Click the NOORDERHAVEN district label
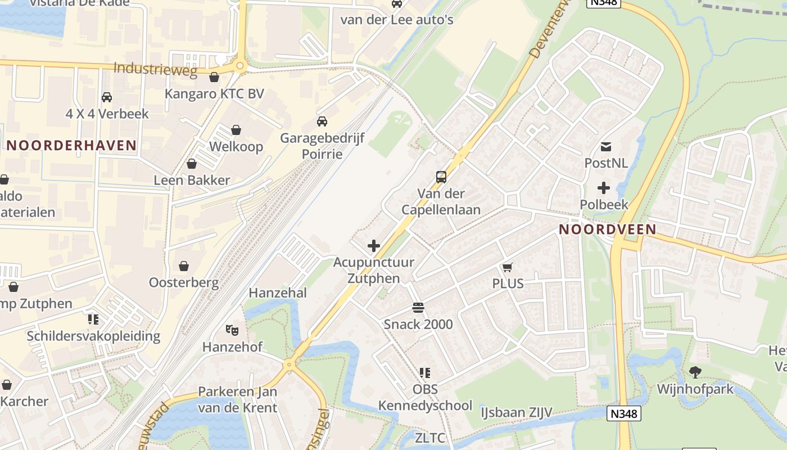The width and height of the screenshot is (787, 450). point(71,145)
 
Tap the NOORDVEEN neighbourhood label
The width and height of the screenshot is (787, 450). point(607,229)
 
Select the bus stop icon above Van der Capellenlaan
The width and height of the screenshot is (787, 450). point(441,177)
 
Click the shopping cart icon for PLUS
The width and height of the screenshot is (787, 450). point(508,267)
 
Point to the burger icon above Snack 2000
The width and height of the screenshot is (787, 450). point(418,308)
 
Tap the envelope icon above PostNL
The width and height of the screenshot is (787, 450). point(606,147)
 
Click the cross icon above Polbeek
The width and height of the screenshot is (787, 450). point(604,188)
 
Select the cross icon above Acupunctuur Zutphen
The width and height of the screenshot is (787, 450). point(373,246)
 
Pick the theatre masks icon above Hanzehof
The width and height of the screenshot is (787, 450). point(232,330)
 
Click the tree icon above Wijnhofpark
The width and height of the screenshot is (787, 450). point(695,372)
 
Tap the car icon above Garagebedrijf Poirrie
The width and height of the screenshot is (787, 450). point(322,121)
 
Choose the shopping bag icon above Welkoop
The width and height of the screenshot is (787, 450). point(236,130)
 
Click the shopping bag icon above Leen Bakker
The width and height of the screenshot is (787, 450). point(192,164)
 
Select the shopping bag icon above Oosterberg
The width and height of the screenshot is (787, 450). point(184,265)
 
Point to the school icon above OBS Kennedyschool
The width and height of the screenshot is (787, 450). point(425,372)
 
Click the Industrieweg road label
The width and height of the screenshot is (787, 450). point(155,69)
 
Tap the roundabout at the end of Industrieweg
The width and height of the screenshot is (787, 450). point(241,66)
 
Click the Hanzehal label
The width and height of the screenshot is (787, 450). point(278,292)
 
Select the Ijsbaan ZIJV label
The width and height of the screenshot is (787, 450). point(516,413)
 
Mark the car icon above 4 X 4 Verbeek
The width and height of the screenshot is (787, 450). point(107,97)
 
